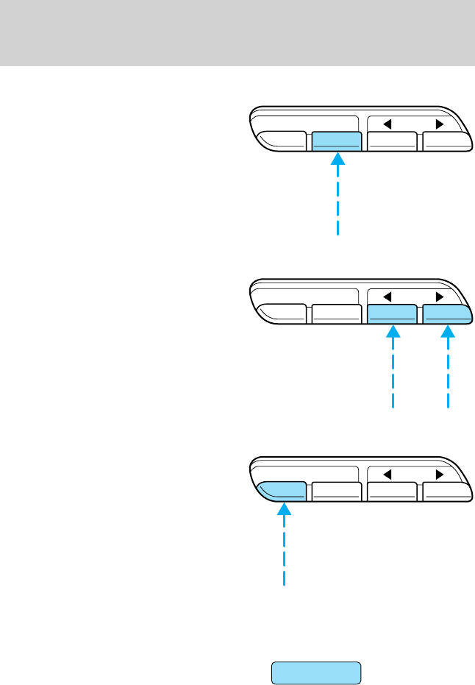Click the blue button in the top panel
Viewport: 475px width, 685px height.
click(x=336, y=142)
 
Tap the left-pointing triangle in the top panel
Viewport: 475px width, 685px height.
click(x=386, y=124)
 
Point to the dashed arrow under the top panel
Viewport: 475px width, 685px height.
click(x=337, y=195)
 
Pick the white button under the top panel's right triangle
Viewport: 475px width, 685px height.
click(x=443, y=142)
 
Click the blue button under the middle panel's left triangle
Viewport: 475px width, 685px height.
click(x=392, y=315)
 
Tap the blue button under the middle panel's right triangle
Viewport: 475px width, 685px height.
click(x=446, y=315)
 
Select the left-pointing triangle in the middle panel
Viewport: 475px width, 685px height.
click(x=386, y=297)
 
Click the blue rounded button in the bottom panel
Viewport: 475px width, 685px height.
click(x=283, y=491)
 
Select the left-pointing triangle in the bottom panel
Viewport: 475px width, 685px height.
click(x=386, y=474)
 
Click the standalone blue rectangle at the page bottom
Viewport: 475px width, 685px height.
click(x=316, y=673)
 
